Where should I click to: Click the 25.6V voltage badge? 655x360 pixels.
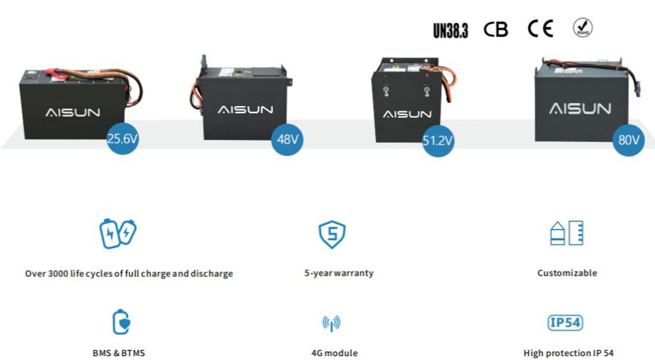(x=122, y=139)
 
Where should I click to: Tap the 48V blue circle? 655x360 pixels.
(x=287, y=139)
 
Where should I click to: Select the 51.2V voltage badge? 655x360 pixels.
(x=438, y=141)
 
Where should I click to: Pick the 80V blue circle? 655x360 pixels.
(x=627, y=140)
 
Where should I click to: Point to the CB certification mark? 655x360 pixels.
(x=496, y=29)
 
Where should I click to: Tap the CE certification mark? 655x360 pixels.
(x=541, y=29)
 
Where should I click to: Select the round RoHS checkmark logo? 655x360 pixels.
(x=582, y=27)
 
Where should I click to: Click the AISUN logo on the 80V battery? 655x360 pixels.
(x=580, y=108)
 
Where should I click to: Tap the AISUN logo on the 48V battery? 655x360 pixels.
(x=246, y=109)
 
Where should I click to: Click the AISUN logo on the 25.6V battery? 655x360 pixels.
(x=73, y=113)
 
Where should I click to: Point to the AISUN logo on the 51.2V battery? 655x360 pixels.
(x=407, y=114)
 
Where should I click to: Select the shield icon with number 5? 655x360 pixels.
(x=332, y=235)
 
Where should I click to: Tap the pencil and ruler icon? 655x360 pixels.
(x=567, y=233)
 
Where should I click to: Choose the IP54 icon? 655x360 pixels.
(x=565, y=322)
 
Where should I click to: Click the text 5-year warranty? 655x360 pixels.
(x=339, y=273)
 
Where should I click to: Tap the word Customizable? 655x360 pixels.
(x=567, y=273)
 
